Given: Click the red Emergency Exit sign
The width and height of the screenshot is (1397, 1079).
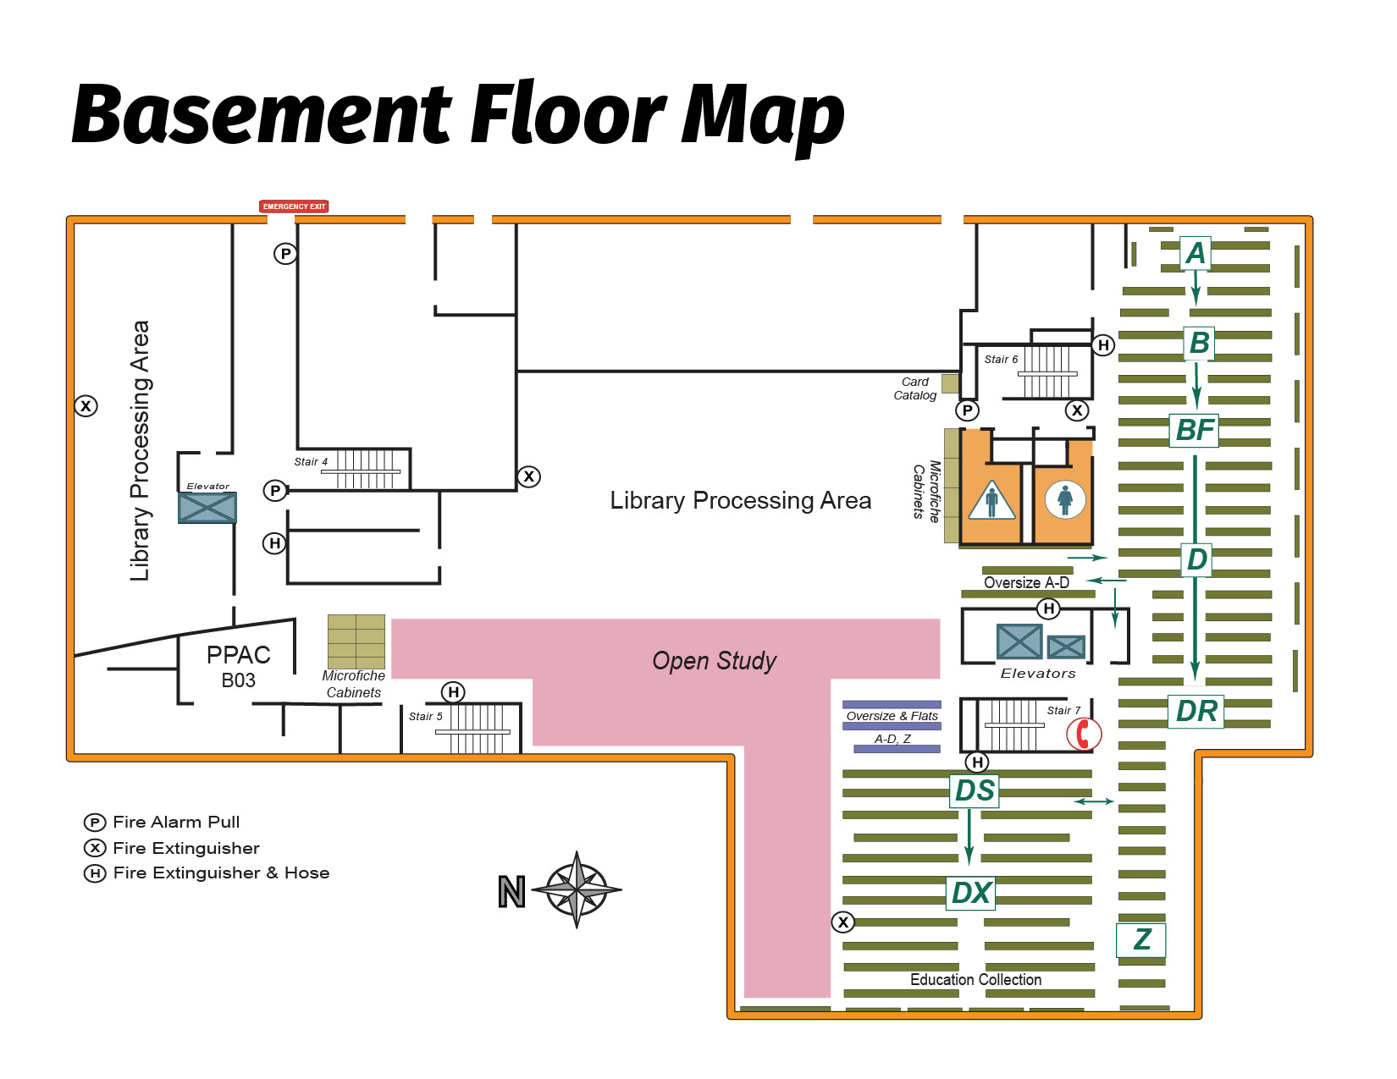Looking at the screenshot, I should [x=293, y=206].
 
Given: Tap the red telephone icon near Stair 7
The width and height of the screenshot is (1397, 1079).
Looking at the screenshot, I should [x=1083, y=734].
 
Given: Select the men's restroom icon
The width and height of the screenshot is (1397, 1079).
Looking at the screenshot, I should [x=991, y=500].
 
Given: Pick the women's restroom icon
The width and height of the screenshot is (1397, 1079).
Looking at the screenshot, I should [x=1064, y=499].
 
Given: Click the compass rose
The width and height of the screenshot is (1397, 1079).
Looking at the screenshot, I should [x=577, y=889].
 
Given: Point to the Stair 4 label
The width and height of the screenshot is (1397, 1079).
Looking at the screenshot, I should [x=311, y=462].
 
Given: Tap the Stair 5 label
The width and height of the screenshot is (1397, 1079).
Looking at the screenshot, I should [x=425, y=717].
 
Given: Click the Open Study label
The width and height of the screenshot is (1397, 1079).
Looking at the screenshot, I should [x=714, y=661].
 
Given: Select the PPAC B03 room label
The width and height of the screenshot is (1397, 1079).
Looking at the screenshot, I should [x=238, y=666].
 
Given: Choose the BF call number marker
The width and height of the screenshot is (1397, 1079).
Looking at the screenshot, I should [x=1195, y=430].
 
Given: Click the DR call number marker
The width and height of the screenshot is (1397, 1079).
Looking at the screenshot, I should [x=1196, y=711].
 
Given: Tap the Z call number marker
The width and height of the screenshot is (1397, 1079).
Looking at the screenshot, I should [x=1141, y=939].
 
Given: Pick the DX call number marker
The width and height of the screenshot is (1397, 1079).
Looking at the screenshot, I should [x=970, y=893].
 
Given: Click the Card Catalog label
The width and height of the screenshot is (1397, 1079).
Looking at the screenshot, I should [x=914, y=388].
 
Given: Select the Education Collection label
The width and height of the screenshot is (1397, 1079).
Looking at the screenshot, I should [x=975, y=979].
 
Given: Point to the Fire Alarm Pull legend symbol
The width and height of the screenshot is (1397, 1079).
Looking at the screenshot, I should [x=95, y=823].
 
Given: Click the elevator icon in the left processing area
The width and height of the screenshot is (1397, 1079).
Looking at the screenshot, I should [x=207, y=508].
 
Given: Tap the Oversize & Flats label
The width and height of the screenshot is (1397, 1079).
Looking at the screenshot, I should [x=892, y=716].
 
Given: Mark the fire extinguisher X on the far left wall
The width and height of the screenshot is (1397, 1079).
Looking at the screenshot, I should [x=86, y=406].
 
